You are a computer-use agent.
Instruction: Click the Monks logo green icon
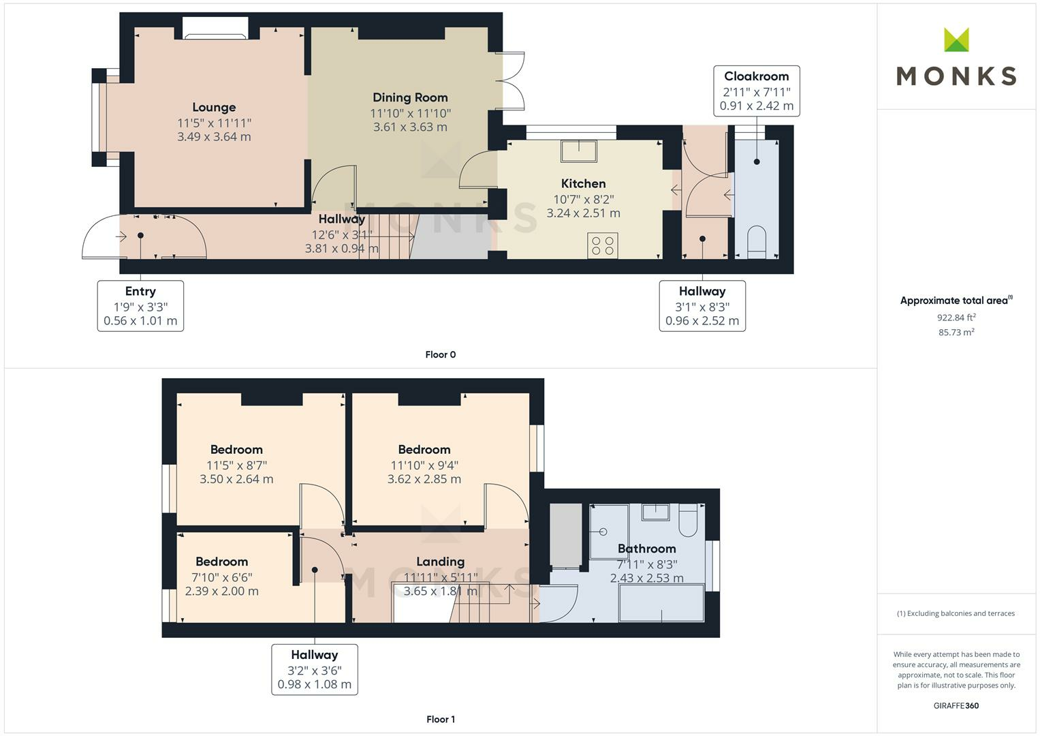[x=956, y=40]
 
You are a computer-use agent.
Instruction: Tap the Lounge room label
[x=214, y=108]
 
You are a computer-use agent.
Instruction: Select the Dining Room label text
[x=411, y=97]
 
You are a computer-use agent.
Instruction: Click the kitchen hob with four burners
[x=603, y=245]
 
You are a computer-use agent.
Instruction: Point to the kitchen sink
[x=579, y=151]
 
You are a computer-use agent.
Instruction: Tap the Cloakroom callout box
[x=757, y=91]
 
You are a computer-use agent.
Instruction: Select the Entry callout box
[x=140, y=306]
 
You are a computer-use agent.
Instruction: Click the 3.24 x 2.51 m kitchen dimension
[x=583, y=213]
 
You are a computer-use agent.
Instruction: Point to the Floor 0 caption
[x=441, y=354]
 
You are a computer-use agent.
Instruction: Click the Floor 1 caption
[x=441, y=719]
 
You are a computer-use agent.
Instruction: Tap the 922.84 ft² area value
[x=956, y=318]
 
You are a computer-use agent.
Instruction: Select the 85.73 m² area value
[x=956, y=333]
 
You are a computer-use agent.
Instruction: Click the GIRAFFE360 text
[x=956, y=705]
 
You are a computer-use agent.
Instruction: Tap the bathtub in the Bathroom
[x=661, y=603]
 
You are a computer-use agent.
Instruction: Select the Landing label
[x=441, y=562]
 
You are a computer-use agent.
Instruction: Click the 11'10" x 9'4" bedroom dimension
[x=424, y=465]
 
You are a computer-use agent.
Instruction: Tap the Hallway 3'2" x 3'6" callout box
[x=315, y=669]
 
